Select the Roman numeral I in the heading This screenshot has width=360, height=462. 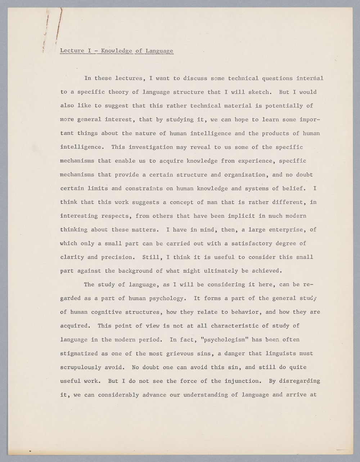click(89, 51)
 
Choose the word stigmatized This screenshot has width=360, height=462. click(79, 354)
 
